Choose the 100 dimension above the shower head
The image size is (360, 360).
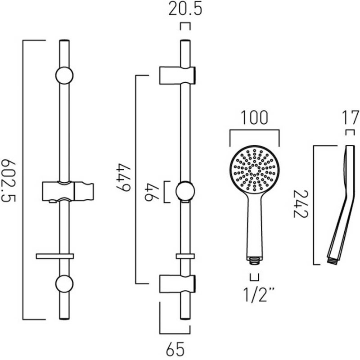pos(254,118)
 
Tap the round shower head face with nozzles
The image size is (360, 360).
pos(254,170)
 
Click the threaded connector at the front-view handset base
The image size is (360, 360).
pos(255,259)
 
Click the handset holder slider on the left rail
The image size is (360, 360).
pos(67,191)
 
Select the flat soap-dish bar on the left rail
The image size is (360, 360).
pos(54,255)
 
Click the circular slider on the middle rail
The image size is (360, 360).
pos(185,191)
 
